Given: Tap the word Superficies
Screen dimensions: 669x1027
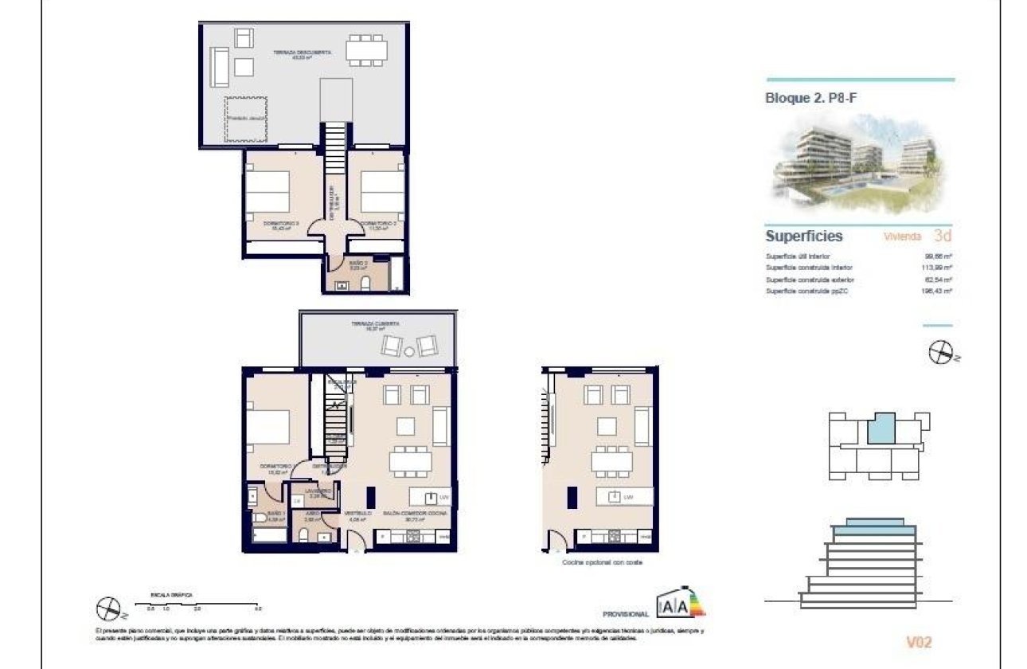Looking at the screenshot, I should tap(804, 237).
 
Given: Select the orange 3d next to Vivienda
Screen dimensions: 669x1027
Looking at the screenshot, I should tap(943, 237).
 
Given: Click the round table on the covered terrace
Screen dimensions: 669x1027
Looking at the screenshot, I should tap(408, 350).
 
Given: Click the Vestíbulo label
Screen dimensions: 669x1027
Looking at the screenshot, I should tap(356, 514).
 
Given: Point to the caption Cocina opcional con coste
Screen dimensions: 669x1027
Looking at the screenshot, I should tap(602, 562).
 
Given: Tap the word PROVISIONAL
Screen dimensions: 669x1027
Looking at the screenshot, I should tap(626, 615).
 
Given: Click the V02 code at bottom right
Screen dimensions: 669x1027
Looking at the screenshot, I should tap(919, 642).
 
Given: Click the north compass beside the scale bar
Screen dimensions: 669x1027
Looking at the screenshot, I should tap(107, 610).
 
